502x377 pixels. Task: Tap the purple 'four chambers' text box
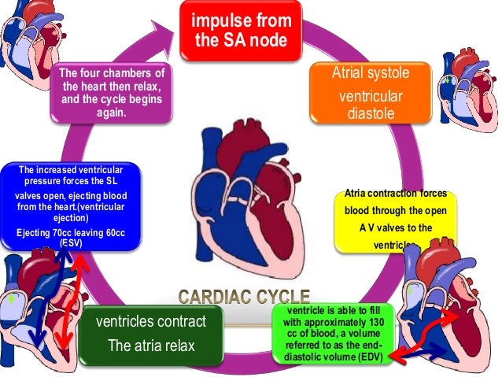tap(113, 93)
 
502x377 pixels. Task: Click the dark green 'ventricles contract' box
tap(150, 334)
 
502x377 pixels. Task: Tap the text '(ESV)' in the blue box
tap(72, 243)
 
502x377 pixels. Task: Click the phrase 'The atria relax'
tap(150, 346)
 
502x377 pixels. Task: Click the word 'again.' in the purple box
tap(113, 112)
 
